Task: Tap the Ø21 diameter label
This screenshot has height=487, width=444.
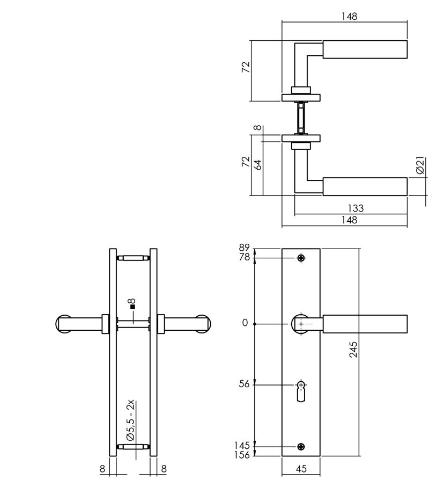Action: pos(421,166)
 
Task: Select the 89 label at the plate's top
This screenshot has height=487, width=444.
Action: pos(245,248)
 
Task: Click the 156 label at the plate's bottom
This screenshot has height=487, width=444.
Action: pos(243,454)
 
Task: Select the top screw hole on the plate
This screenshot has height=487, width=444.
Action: pos(301,258)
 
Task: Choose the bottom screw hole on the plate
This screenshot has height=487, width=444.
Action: pos(301,446)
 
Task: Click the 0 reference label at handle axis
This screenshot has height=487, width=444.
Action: pos(245,323)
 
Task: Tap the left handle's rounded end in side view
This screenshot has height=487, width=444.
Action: pos(63,324)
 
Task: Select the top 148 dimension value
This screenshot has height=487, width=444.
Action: pos(350,17)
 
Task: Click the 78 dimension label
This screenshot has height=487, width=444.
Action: pos(245,257)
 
